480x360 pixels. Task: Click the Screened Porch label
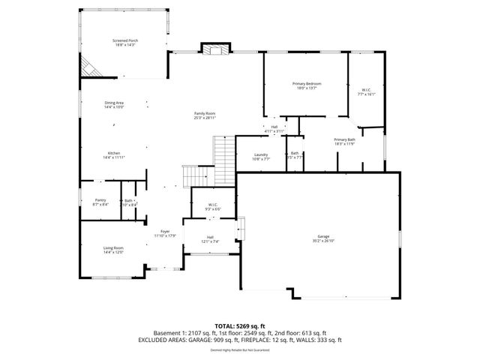[126, 40]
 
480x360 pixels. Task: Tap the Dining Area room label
[114, 103]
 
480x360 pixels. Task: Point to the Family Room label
[205, 113]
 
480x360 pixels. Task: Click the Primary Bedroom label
[307, 83]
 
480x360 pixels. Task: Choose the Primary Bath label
[345, 140]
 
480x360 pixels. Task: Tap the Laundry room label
[261, 154]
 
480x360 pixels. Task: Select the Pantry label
[100, 200]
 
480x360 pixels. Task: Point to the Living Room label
[113, 248]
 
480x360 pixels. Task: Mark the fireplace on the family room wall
[215, 49]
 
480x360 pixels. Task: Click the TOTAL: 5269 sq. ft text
[239, 325]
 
